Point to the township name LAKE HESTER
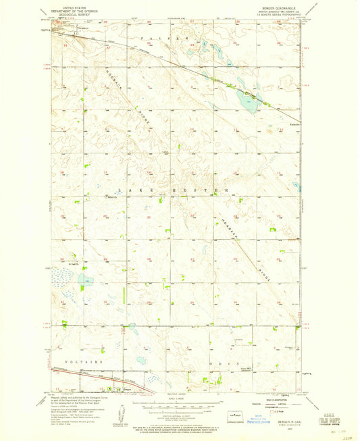(172, 191)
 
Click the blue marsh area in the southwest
(64, 277)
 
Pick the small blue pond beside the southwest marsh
(86, 278)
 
